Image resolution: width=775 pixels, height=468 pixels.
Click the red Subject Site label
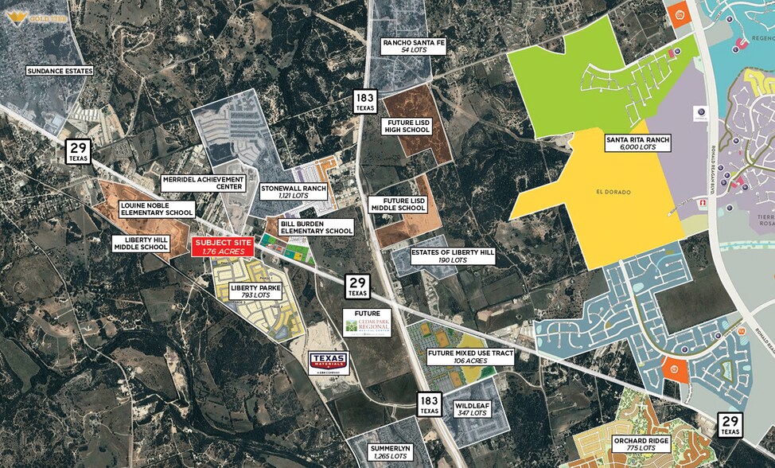coord(223,247)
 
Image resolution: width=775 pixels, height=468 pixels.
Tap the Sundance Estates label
coord(60,71)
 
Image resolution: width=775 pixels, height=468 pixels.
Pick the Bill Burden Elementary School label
coord(316,228)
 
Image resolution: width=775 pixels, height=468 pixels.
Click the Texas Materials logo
coord(329,364)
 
